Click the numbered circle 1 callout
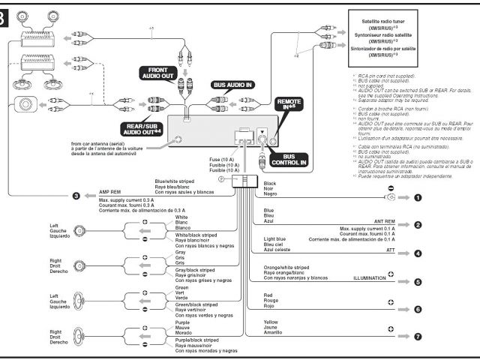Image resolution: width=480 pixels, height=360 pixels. point(418,198)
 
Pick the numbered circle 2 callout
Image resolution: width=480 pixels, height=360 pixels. point(418,225)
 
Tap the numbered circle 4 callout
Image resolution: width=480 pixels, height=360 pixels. point(418,253)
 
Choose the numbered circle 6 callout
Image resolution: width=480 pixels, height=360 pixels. point(418,308)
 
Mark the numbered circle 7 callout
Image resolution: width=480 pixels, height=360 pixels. point(418,336)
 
